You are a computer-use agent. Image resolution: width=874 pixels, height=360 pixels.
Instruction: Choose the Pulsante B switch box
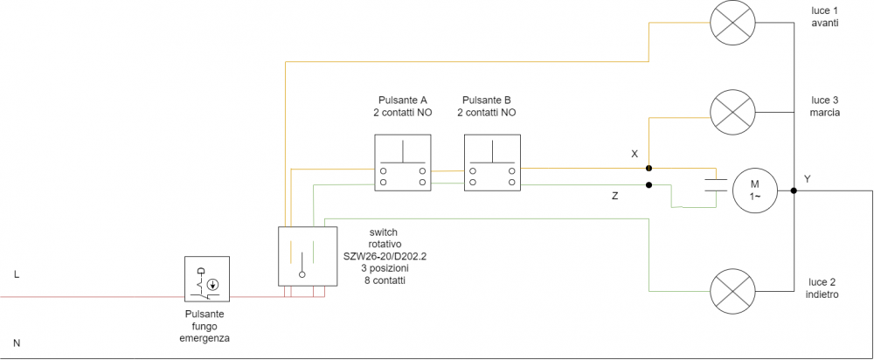pyautogui.click(x=492, y=163)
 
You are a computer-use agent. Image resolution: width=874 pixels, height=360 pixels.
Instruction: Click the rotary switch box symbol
pyautogui.click(x=307, y=256)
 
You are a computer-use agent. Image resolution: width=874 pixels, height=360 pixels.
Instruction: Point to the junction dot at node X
pyautogui.click(x=649, y=167)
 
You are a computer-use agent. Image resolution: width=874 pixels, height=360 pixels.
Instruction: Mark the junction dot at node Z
pyautogui.click(x=649, y=185)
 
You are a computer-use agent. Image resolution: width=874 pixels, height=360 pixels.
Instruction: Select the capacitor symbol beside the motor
pyautogui.click(x=716, y=183)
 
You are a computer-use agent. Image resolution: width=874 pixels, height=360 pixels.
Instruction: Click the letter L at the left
pyautogui.click(x=16, y=274)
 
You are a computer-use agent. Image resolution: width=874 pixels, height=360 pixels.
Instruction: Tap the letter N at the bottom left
pyautogui.click(x=16, y=343)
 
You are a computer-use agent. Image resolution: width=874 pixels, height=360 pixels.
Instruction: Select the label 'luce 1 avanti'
pyautogui.click(x=824, y=17)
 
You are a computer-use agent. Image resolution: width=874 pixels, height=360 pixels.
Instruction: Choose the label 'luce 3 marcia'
pyautogui.click(x=824, y=107)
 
